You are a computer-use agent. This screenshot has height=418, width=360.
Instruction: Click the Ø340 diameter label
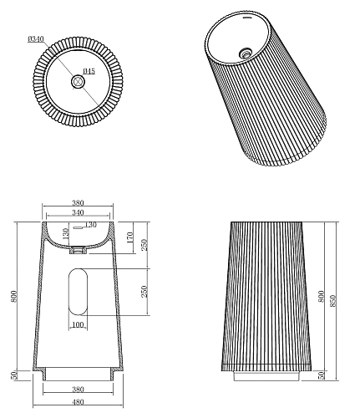point(36,39)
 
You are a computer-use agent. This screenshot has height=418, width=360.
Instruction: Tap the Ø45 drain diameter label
point(89,71)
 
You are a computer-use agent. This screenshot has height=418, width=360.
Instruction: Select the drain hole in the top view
point(78,82)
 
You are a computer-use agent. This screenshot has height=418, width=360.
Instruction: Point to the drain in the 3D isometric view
point(246,53)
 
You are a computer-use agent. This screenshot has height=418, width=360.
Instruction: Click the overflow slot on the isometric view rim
point(247,18)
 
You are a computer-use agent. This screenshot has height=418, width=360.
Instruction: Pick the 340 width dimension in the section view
point(78,212)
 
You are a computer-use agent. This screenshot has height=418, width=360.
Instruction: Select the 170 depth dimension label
point(130,237)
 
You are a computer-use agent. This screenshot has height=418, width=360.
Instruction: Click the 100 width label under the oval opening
point(78,324)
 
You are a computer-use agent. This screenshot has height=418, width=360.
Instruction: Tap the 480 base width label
point(78,402)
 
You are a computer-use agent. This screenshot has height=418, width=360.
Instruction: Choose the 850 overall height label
point(332,301)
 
